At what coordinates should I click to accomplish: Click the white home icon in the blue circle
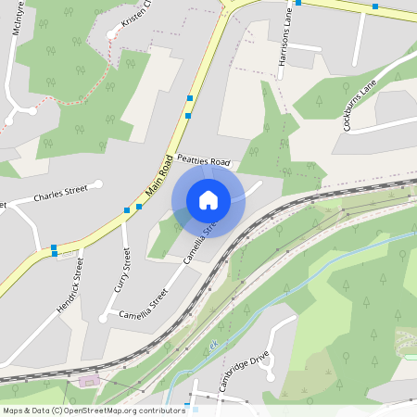coord(208,200)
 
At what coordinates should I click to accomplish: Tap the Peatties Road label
coord(203,162)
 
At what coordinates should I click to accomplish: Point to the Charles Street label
coord(60,195)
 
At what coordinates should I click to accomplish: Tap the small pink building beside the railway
coord(89,380)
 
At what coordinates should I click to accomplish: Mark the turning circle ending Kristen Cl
coord(111,34)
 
